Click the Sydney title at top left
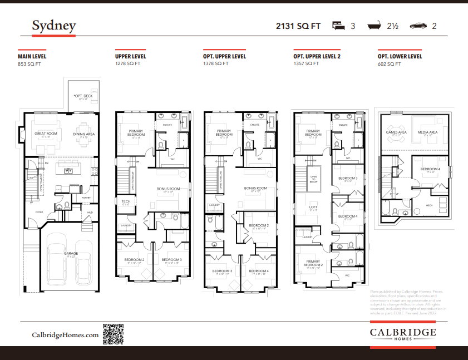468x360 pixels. coord(53,26)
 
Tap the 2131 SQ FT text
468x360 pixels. coord(298,26)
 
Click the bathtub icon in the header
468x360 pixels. coord(375,26)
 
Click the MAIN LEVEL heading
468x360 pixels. coord(32,56)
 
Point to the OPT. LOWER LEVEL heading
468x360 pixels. coord(400,56)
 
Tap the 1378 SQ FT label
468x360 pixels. coord(215,64)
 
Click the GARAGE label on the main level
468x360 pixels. coord(71,253)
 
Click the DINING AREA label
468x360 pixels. coord(84,134)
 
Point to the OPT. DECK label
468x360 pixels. coord(83,96)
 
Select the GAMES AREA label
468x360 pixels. coord(396,132)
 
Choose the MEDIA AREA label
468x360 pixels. coord(427,132)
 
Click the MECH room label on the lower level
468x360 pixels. coord(429,205)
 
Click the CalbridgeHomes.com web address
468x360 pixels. coord(65,335)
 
